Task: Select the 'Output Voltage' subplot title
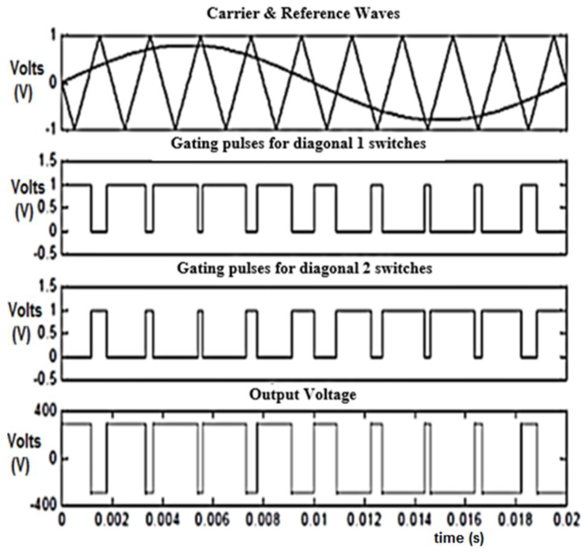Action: (303, 395)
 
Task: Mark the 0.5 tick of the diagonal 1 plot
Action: (46, 208)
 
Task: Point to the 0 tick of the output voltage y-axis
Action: (52, 458)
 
